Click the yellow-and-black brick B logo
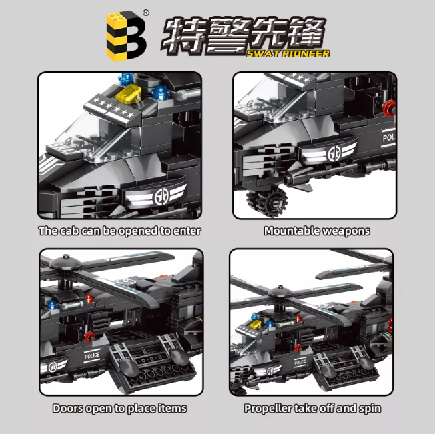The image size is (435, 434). tap(127, 36)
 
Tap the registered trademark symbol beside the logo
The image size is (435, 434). tap(146, 13)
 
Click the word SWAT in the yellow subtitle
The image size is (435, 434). tap(263, 53)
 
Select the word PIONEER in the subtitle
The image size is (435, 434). tap(306, 53)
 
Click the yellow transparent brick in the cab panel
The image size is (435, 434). tap(129, 94)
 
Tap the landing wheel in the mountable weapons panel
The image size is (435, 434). tap(267, 200)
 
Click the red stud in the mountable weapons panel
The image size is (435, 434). tap(389, 108)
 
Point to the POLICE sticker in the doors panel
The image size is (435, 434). tap(92, 355)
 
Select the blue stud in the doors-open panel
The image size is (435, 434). tap(52, 305)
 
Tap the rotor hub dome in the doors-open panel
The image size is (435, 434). tap(65, 261)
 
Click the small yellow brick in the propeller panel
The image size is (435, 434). tap(256, 324)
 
